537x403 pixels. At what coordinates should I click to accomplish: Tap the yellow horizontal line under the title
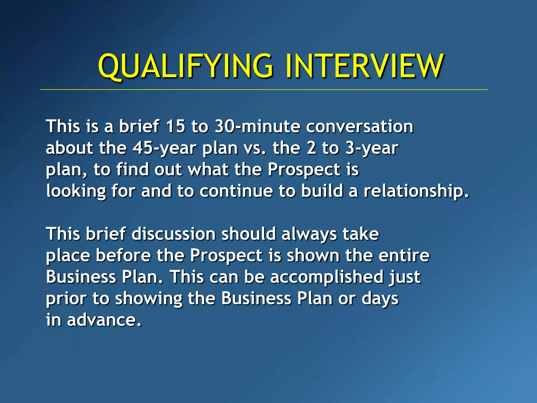point(264,89)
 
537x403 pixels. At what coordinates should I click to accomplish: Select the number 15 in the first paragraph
point(176,126)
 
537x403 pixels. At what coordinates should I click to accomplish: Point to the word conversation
point(359,126)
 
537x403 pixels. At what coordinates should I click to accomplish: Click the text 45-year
point(164,148)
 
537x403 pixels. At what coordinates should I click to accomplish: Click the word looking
point(76,191)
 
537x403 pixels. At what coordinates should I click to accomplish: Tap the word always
point(309,234)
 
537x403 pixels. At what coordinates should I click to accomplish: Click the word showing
point(149,299)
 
